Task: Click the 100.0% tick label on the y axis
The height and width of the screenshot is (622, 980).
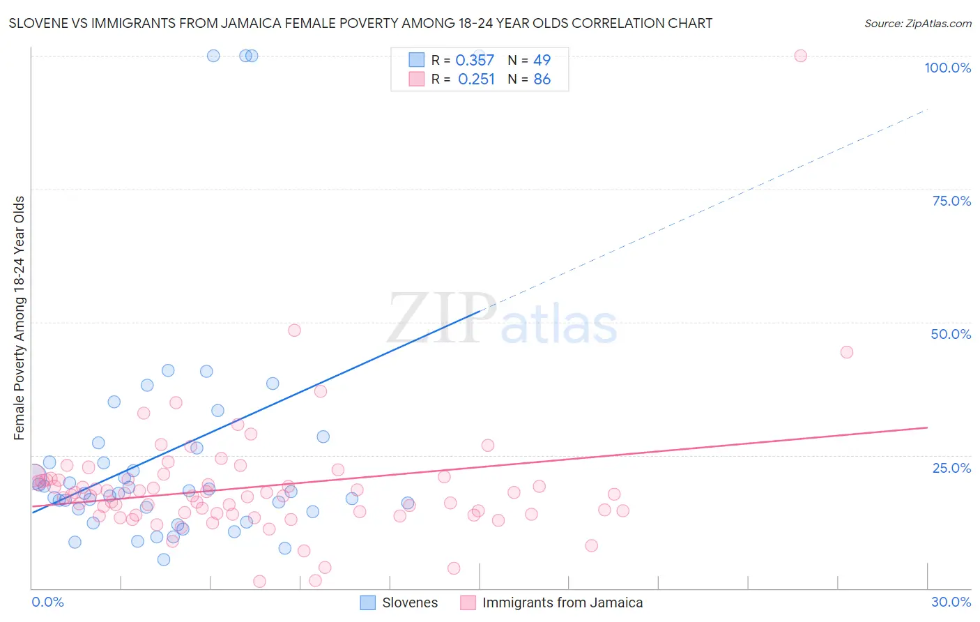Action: tap(947, 68)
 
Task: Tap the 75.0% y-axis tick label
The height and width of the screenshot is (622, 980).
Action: tap(951, 201)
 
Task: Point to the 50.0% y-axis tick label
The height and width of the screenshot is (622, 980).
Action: tap(951, 334)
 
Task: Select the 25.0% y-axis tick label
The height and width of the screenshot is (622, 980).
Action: tap(951, 467)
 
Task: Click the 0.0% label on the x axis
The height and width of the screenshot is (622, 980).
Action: tap(47, 602)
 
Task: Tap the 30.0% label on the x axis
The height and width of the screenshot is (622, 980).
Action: tap(951, 602)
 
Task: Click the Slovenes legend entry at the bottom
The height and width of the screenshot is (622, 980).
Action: tap(410, 602)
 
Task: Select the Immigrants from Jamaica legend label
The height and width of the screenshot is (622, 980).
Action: tap(562, 602)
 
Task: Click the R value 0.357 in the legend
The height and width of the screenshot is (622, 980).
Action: tap(475, 61)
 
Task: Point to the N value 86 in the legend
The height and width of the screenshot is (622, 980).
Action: tap(542, 79)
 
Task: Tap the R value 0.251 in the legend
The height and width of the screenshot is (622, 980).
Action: tap(476, 79)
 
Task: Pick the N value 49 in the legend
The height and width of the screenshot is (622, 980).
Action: tap(542, 61)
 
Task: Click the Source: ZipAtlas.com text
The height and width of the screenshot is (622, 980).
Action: tap(917, 24)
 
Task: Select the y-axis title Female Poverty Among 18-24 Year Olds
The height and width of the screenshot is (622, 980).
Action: tap(19, 318)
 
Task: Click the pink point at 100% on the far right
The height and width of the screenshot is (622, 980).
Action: tap(800, 56)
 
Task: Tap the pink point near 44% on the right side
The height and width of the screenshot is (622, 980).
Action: tap(846, 352)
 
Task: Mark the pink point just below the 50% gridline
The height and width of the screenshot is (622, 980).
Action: tap(294, 331)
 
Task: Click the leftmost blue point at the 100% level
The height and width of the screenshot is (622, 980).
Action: tap(213, 56)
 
